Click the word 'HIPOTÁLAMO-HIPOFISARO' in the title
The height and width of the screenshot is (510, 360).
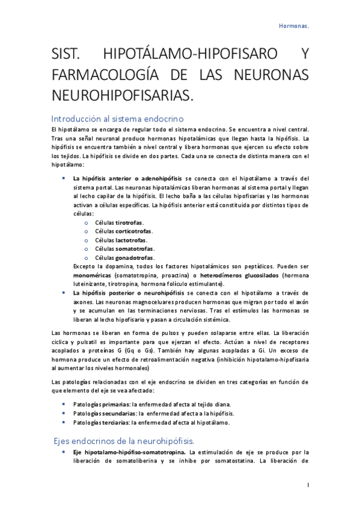point(191,56)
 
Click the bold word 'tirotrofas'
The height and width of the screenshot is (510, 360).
point(129,223)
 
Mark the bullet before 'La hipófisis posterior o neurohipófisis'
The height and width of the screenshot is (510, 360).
point(64,292)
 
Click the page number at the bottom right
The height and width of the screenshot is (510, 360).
point(308,484)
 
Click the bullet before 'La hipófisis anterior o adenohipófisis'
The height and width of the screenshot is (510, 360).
point(64,178)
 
